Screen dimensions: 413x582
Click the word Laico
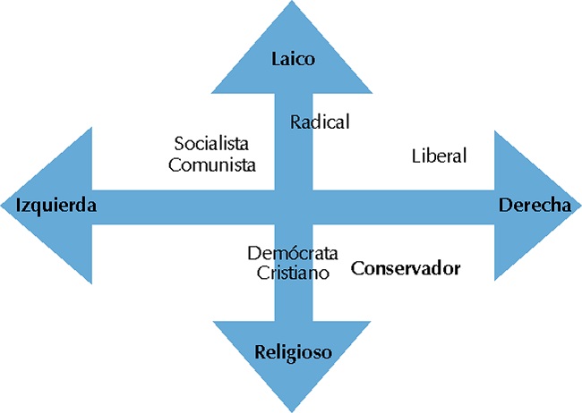295,60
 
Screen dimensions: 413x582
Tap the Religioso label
294,352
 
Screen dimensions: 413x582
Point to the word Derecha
535,205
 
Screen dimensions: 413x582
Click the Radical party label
320,122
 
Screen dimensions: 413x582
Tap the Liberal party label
440,156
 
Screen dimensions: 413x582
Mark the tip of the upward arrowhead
294,3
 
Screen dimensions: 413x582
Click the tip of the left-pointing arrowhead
3,206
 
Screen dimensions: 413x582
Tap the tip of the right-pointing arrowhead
578,206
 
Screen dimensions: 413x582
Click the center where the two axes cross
294,206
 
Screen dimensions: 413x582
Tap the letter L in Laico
276,60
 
